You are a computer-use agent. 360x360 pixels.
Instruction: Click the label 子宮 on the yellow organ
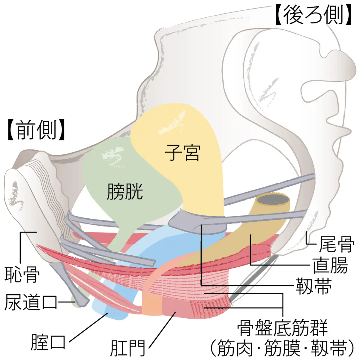(182, 152)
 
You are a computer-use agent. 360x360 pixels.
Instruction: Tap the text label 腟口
(48, 342)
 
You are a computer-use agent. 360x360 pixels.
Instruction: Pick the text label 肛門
(128, 348)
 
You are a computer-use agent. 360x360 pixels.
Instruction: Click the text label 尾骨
(336, 244)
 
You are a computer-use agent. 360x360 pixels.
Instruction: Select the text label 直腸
(330, 265)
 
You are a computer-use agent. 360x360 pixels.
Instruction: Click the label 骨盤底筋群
(282, 328)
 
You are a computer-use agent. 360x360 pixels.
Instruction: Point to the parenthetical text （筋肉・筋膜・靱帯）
(282, 348)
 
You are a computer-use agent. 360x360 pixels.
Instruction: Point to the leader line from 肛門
(162, 330)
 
